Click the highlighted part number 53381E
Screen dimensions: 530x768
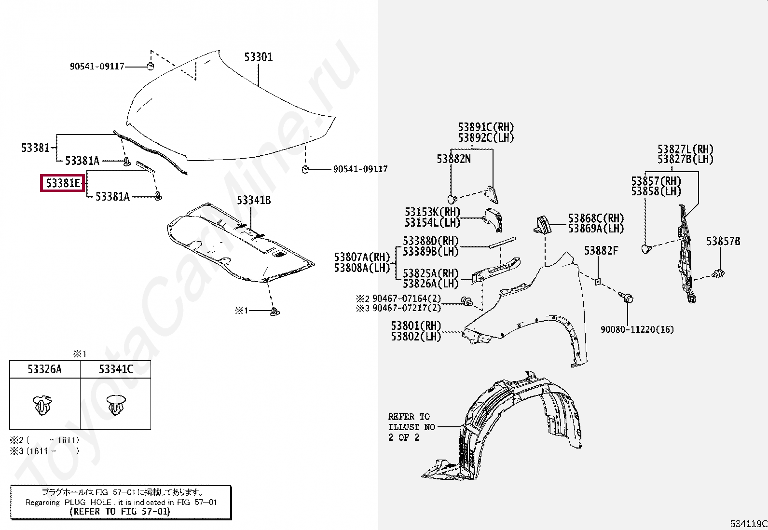point(63,183)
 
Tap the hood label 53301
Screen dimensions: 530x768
point(259,57)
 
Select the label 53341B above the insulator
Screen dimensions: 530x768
point(254,200)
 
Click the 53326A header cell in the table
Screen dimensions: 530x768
point(45,369)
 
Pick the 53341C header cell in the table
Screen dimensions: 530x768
point(116,369)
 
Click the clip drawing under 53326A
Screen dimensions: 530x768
point(43,405)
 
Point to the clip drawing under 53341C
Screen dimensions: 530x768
point(116,405)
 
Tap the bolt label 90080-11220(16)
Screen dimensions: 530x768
point(637,329)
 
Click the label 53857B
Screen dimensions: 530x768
point(723,241)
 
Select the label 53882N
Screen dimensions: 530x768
point(453,159)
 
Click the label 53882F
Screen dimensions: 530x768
point(601,251)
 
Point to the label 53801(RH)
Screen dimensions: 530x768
point(416,326)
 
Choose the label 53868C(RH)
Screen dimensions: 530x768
point(596,218)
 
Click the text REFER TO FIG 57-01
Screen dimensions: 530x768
point(120,512)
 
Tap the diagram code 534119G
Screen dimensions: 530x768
point(748,524)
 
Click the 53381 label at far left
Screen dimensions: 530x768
point(35,148)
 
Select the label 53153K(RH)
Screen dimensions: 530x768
point(432,212)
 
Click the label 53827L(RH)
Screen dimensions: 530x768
point(685,149)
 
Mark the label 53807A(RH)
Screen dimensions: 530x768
point(362,257)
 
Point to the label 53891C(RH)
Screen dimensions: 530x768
point(486,127)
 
